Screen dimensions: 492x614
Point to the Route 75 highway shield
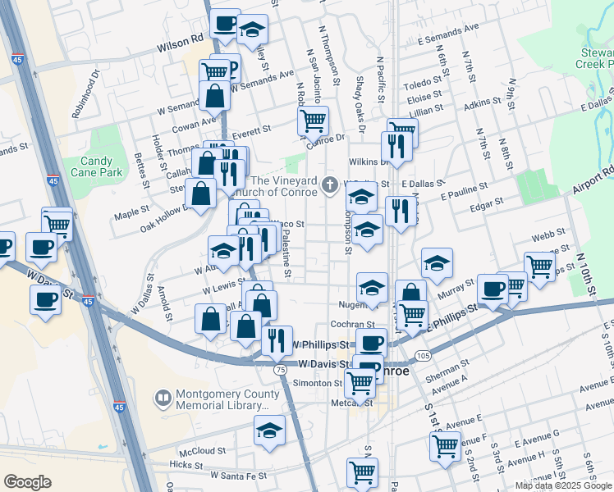[281, 371]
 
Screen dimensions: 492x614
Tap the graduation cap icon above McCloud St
[269, 430]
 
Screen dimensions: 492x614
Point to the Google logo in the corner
[28, 482]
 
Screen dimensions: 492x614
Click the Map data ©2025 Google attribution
[562, 485]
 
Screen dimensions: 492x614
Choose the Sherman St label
[453, 362]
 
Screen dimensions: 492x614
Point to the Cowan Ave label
[194, 128]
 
